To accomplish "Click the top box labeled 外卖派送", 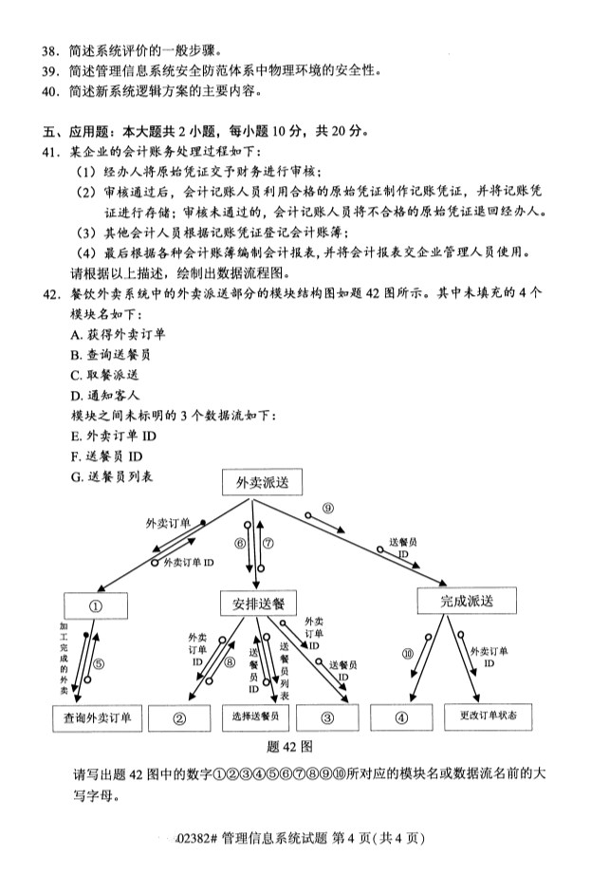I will point(262,483).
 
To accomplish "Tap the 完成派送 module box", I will point(466,602).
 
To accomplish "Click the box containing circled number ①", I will point(95,604).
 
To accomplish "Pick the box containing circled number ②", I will point(178,718).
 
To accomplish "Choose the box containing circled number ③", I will point(327,718).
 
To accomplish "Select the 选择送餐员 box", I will point(255,718).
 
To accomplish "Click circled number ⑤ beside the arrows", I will point(98,663).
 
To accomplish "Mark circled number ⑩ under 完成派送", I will point(408,654).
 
